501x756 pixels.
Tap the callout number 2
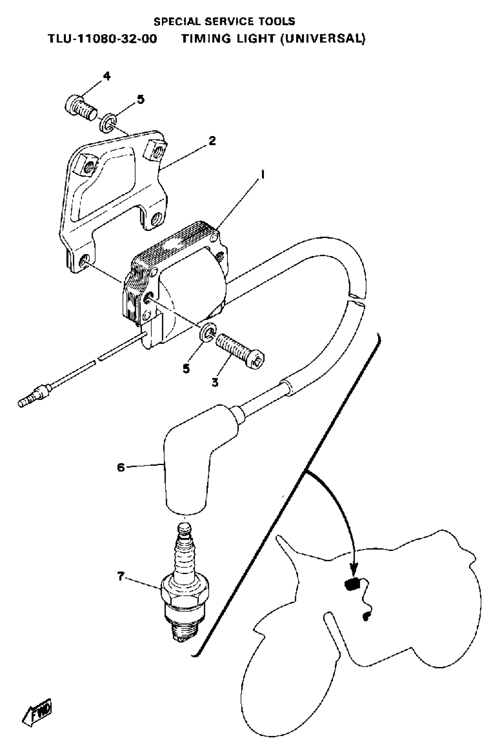212,141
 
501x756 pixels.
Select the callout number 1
262,175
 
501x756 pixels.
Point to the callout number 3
215,382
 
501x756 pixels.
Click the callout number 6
121,468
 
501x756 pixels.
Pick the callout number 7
121,577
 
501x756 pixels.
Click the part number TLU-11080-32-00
102,39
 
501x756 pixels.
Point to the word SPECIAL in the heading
178,21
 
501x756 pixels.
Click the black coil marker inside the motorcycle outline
352,585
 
